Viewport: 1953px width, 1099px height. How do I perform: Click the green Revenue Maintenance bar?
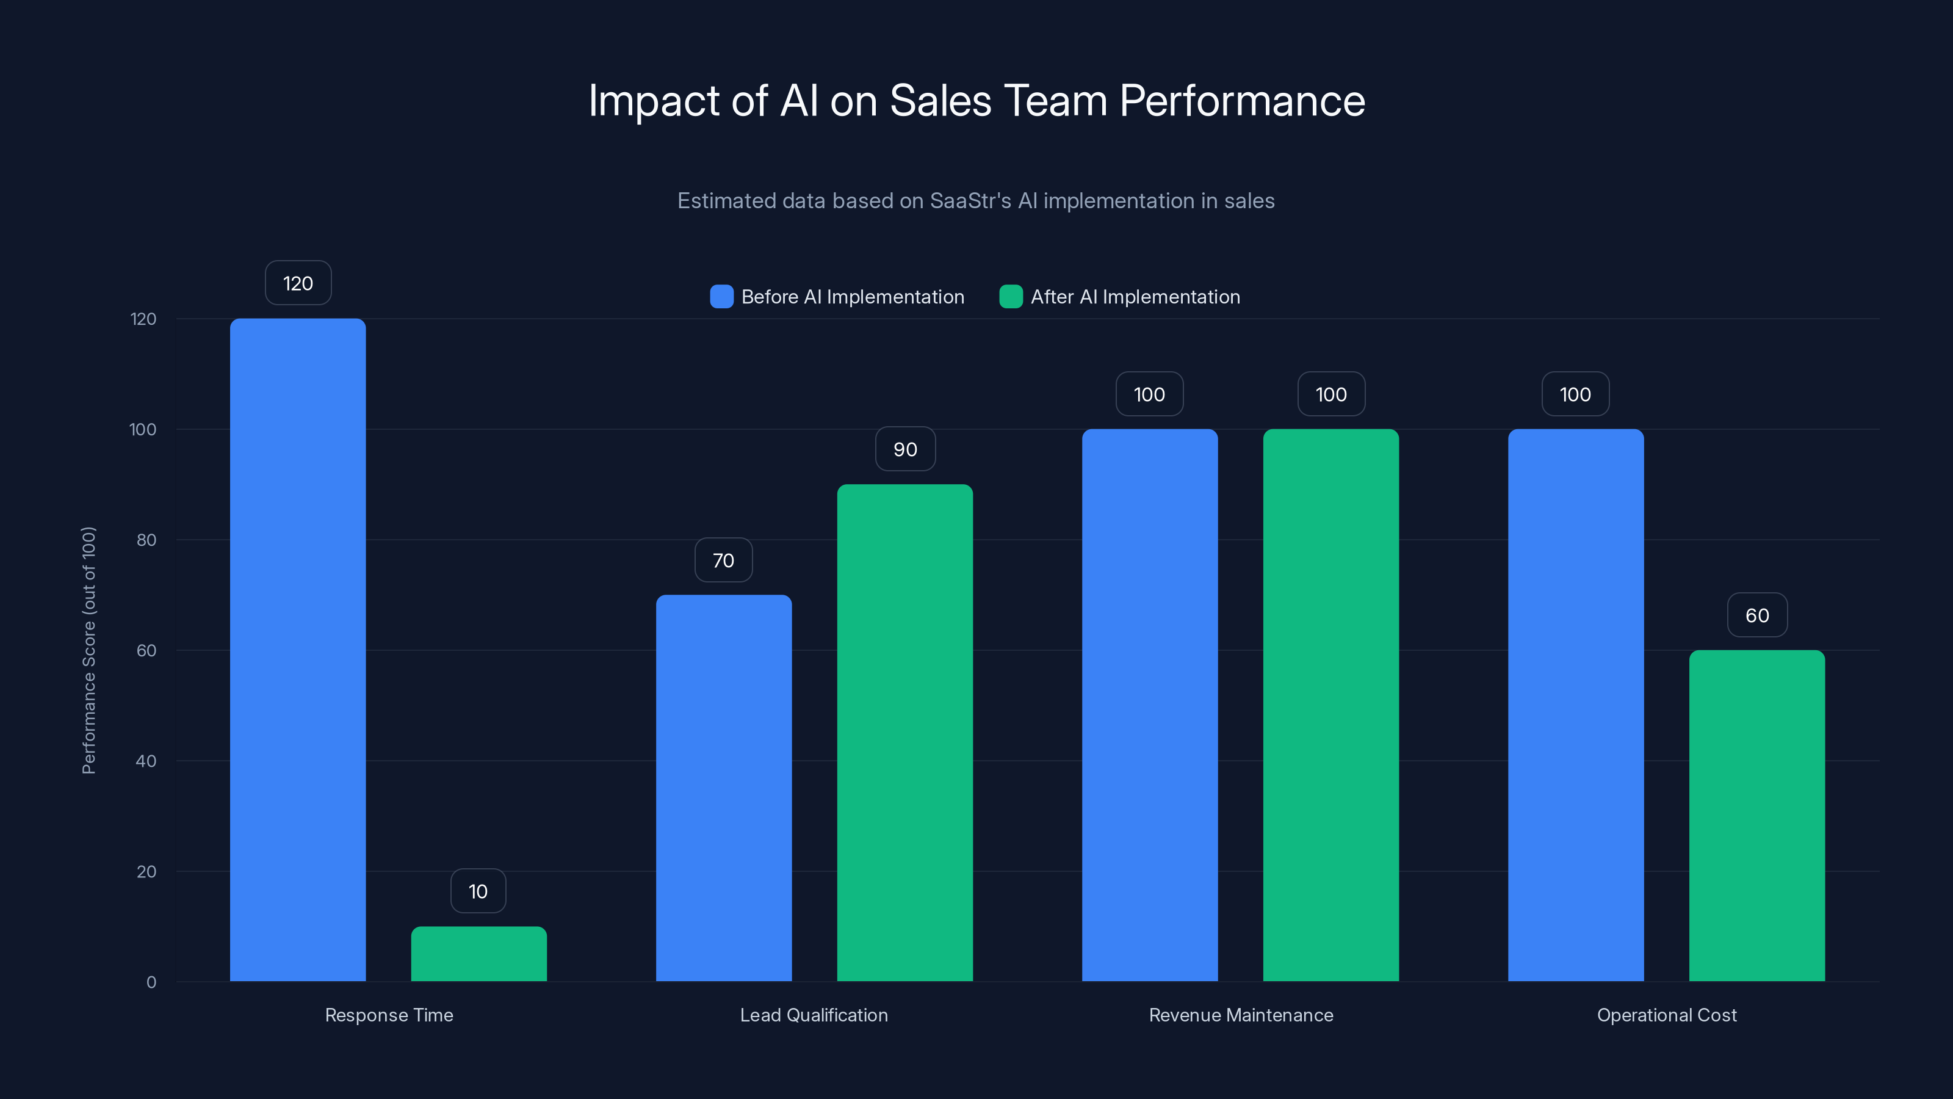[1330, 705]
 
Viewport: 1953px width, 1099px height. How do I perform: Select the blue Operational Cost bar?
[1575, 705]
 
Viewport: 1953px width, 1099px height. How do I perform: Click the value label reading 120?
[298, 283]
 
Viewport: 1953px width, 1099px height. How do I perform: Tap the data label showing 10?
[478, 891]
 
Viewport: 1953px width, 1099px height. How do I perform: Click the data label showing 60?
[1756, 615]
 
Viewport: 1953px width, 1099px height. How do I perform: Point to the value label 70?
[723, 560]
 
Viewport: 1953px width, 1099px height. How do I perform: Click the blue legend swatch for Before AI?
[721, 297]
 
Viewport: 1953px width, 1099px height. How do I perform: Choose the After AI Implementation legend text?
[1135, 297]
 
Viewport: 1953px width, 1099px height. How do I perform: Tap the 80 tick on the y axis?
[146, 540]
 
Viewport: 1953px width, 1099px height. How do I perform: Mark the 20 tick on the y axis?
[146, 871]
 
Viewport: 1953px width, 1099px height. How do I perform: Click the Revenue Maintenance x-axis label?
[1240, 1015]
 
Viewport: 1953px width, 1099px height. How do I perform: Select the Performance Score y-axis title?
[88, 650]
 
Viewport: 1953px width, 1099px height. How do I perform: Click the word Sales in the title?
[940, 100]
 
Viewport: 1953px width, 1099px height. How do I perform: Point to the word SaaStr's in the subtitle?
[970, 200]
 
